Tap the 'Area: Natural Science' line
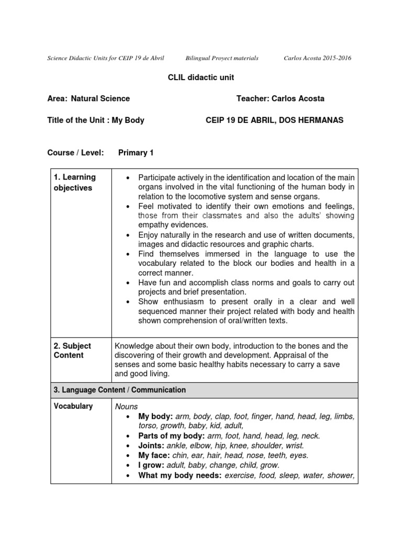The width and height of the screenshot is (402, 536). coord(88,98)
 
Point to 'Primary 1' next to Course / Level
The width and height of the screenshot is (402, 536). coord(136,152)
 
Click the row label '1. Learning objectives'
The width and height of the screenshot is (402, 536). coord(74,183)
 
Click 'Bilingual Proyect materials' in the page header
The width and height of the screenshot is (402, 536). coord(222,58)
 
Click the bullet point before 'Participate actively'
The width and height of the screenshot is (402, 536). coord(128,178)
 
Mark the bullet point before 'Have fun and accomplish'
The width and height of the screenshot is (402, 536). coord(128,283)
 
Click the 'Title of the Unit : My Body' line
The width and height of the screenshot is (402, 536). coord(96,120)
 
